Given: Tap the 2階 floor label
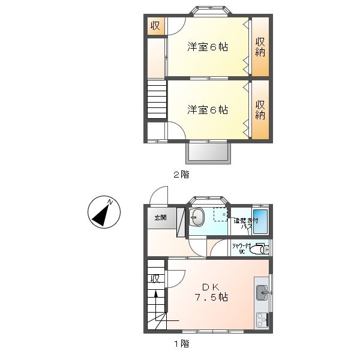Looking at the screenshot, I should point(181,175).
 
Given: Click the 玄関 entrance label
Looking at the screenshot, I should point(161,217).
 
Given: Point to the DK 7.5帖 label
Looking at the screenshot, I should point(210,292).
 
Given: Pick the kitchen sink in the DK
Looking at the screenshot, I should point(262,293).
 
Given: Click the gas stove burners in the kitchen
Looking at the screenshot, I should point(262,319).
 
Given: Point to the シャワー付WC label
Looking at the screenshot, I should point(239,249).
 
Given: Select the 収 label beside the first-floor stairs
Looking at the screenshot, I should point(155,279).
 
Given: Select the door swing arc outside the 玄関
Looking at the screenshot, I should point(158,194).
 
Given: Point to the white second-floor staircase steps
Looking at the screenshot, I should point(156,100).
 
